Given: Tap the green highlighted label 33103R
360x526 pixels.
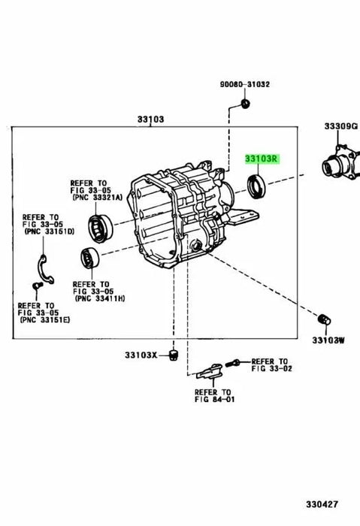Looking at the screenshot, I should [x=261, y=159].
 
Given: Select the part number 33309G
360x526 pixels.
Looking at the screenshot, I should [x=340, y=126].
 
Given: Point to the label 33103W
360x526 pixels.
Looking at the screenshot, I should [x=329, y=340].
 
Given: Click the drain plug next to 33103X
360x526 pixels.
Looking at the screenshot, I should [x=172, y=354].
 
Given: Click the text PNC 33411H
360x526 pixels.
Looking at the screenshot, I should [x=101, y=298].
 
